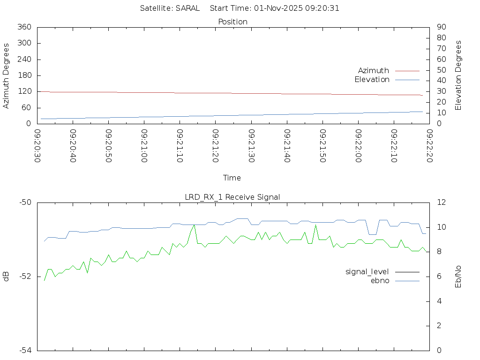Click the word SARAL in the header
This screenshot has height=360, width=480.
[187, 8]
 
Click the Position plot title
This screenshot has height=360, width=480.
[233, 22]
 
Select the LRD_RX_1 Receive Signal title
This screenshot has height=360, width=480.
[232, 197]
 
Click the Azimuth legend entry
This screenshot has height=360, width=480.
[374, 70]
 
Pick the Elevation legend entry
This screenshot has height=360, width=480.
[372, 80]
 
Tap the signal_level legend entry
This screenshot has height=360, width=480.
[367, 271]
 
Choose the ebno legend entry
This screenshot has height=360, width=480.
[380, 280]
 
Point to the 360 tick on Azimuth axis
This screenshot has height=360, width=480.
[24, 27]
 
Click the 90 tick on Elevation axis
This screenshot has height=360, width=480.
[441, 27]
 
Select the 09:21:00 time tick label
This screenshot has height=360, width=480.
[144, 146]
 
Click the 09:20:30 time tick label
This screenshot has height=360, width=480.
[37, 146]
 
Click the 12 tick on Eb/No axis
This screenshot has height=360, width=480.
[441, 202]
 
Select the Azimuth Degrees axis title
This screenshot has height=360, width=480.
[6, 75]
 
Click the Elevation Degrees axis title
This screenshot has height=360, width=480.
[458, 75]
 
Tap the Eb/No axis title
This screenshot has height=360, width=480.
[458, 276]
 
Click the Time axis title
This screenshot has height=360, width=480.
[232, 178]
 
